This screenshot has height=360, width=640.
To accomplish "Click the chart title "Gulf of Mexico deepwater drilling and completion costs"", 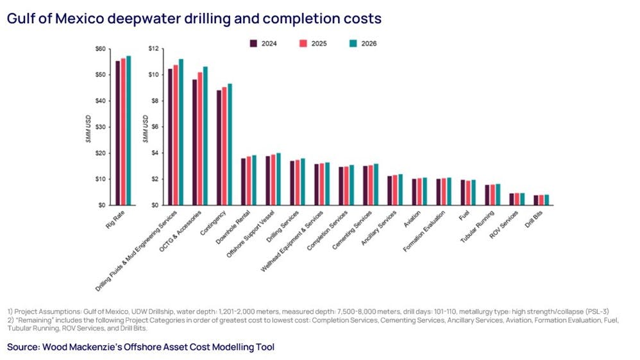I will click(x=194, y=19).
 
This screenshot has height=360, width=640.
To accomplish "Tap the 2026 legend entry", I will click(x=362, y=44).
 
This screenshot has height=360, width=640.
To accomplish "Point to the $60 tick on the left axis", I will click(x=101, y=49).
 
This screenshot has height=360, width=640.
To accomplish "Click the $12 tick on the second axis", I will click(x=153, y=49).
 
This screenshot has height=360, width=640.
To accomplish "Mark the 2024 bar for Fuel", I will click(x=464, y=193).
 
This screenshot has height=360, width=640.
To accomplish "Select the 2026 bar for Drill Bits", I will click(x=546, y=200).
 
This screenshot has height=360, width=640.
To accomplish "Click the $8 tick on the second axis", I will click(x=155, y=101).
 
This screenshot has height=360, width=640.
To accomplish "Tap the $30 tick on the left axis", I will click(x=101, y=127).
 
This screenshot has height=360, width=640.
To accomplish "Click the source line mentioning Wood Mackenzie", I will click(x=141, y=347).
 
